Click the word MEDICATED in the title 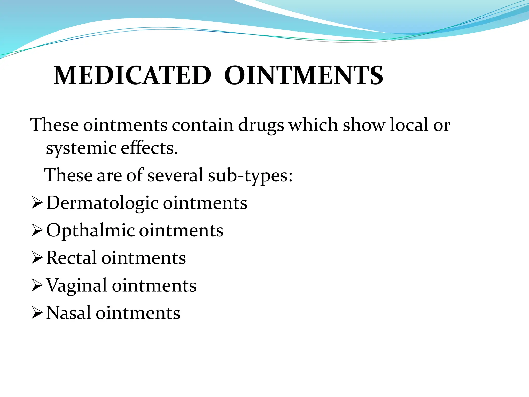[132, 75]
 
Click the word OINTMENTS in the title [304, 75]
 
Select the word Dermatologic [102, 203]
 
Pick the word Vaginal [76, 286]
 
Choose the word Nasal [68, 313]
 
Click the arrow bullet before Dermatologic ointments [37, 203]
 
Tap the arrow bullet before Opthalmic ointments [37, 230]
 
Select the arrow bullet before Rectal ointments [37, 258]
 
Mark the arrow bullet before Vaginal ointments [37, 285]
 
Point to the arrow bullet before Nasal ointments [37, 313]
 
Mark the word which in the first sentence [313, 125]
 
